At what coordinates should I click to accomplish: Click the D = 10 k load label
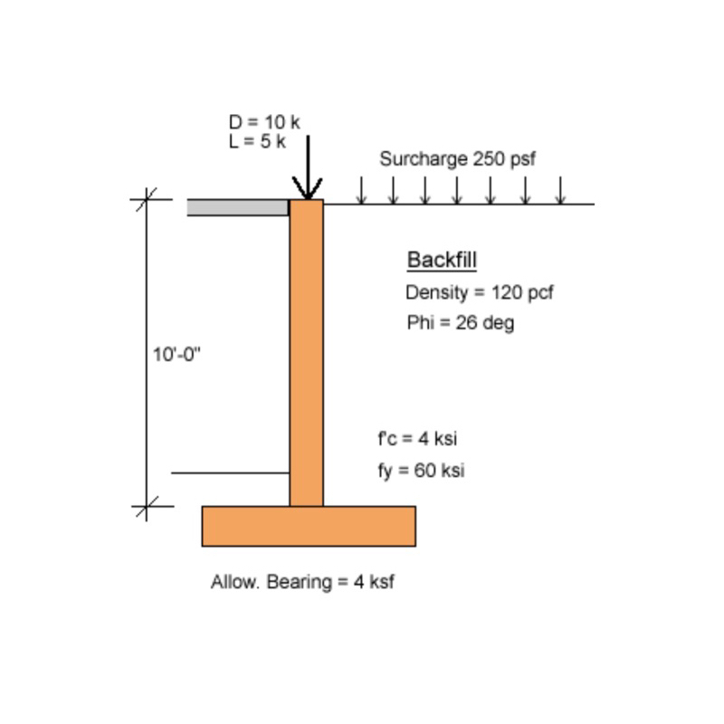point(264,122)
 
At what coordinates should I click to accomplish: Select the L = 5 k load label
point(257,141)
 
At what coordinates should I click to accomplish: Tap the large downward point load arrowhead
point(307,188)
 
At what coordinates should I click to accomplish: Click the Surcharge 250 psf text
point(457,159)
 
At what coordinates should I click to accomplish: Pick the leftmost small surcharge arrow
point(361,190)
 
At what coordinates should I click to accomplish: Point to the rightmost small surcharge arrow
point(560,190)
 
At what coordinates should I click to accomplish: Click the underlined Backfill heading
point(442,260)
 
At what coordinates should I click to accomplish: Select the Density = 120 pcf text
point(480,292)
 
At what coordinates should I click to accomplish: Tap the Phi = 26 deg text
point(461,322)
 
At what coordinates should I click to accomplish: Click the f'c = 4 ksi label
point(417,438)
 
